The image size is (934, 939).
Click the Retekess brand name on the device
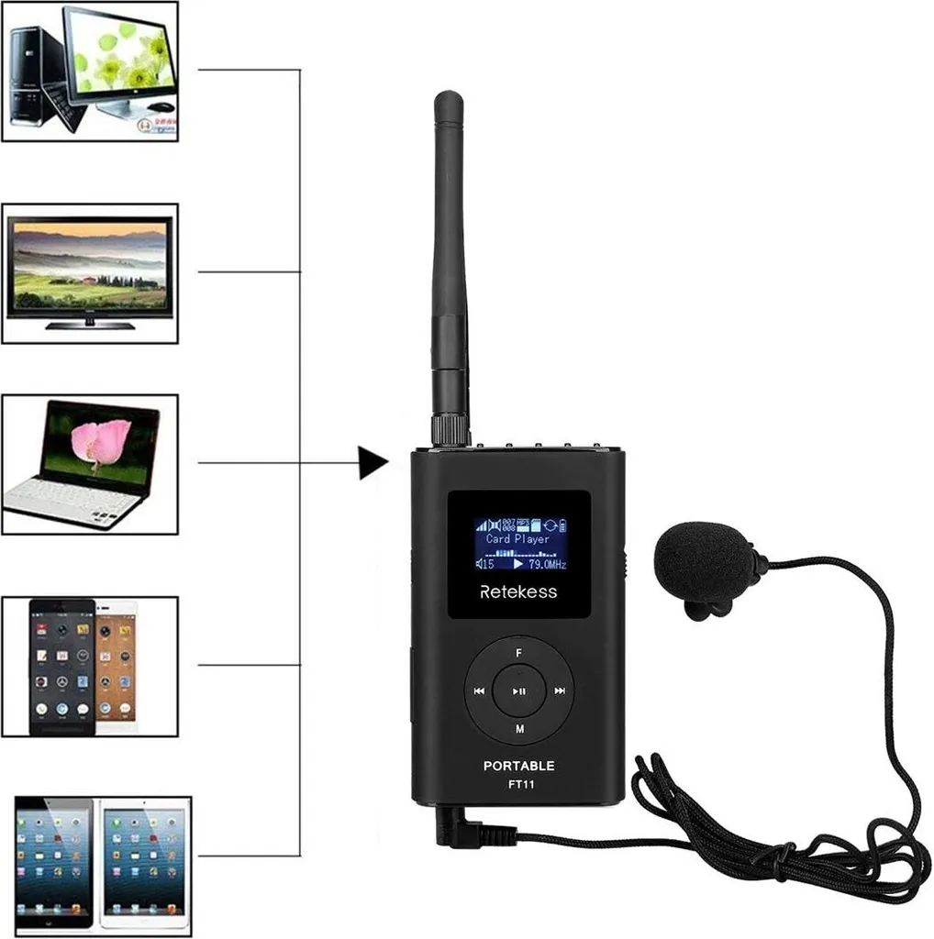pyautogui.click(x=517, y=592)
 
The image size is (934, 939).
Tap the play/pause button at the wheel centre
pyautogui.click(x=519, y=690)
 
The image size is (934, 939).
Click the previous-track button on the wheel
pyautogui.click(x=478, y=690)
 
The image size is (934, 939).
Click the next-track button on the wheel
pyautogui.click(x=560, y=690)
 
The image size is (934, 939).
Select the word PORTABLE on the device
pyautogui.click(x=518, y=766)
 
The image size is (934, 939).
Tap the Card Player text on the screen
pyautogui.click(x=517, y=539)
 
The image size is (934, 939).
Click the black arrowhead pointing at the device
pyautogui.click(x=372, y=462)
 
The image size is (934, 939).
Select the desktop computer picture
pyautogui.click(x=90, y=71)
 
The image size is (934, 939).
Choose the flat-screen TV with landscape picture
pyautogui.click(x=90, y=273)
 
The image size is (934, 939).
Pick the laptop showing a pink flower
pyautogui.click(x=90, y=464)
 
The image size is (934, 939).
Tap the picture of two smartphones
pyautogui.click(x=90, y=666)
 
